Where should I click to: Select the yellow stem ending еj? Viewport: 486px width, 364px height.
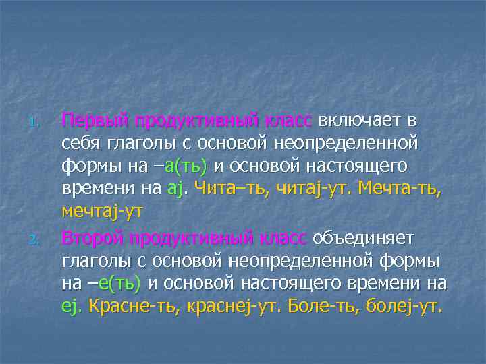pyautogui.click(x=70, y=307)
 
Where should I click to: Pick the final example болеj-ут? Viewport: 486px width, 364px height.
pyautogui.click(x=404, y=307)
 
